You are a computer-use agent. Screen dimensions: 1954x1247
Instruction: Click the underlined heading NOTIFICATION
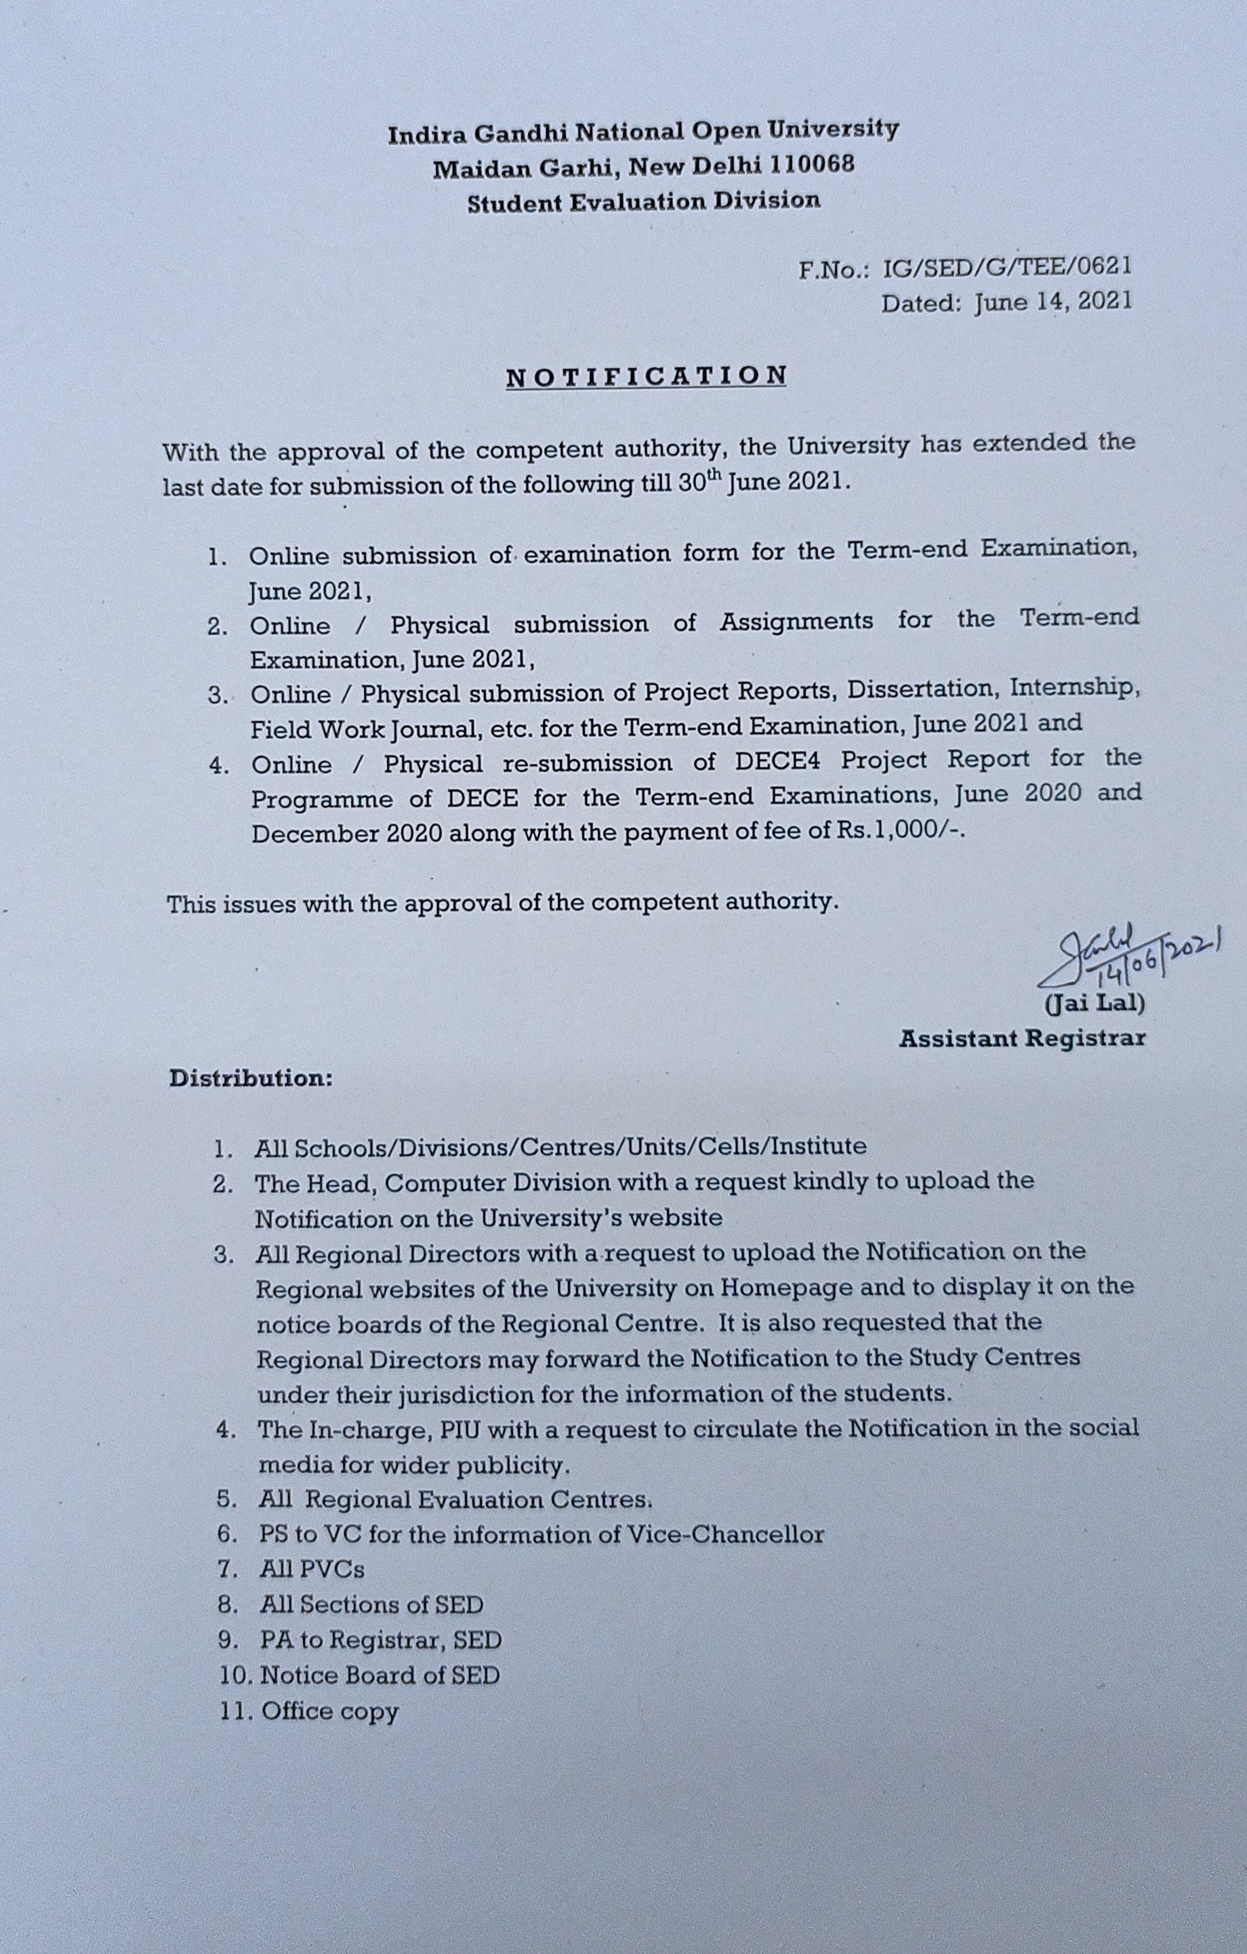(x=646, y=375)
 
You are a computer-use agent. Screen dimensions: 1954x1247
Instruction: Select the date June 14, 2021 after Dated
(x=1052, y=303)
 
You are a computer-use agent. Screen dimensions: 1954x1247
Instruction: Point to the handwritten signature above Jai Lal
(x=1136, y=957)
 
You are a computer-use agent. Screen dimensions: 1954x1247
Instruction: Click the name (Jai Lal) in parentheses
(x=1095, y=1004)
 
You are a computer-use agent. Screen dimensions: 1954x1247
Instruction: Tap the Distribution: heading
(x=251, y=1078)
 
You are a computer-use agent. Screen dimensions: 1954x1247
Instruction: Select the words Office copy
(x=330, y=1711)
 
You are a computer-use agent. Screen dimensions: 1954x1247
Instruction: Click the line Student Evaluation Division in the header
(x=642, y=201)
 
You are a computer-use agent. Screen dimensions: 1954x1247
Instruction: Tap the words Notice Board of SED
(x=380, y=1675)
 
